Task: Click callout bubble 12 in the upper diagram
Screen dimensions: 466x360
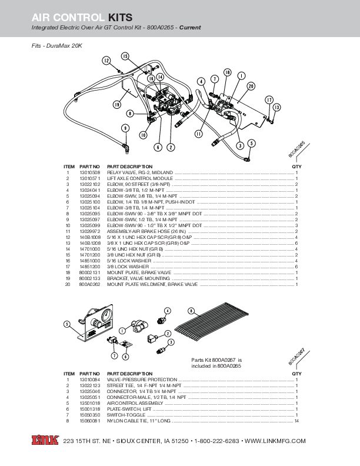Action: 106,61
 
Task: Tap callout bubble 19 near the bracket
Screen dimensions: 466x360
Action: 117,104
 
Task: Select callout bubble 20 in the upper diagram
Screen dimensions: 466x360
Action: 251,86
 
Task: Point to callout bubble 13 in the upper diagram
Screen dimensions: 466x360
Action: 277,107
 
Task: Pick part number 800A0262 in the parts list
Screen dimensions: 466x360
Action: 89,285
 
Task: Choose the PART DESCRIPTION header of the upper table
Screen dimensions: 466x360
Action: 129,167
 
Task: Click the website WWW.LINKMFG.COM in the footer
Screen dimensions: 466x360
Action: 275,441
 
